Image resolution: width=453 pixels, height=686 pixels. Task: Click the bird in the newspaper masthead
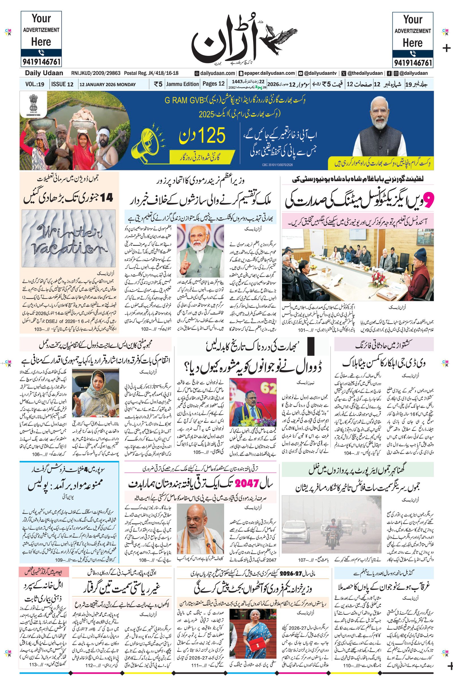tap(280, 38)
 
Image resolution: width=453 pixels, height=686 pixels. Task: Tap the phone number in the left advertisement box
tap(41, 62)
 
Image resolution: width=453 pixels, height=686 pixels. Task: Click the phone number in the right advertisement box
tap(413, 63)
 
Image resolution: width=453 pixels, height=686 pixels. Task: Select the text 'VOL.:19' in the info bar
tap(35, 84)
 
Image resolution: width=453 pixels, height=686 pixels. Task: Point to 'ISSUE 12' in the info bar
tap(62, 84)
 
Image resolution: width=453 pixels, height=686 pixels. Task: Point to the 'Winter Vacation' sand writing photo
tap(69, 238)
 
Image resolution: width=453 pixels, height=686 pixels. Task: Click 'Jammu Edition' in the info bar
tap(183, 84)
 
